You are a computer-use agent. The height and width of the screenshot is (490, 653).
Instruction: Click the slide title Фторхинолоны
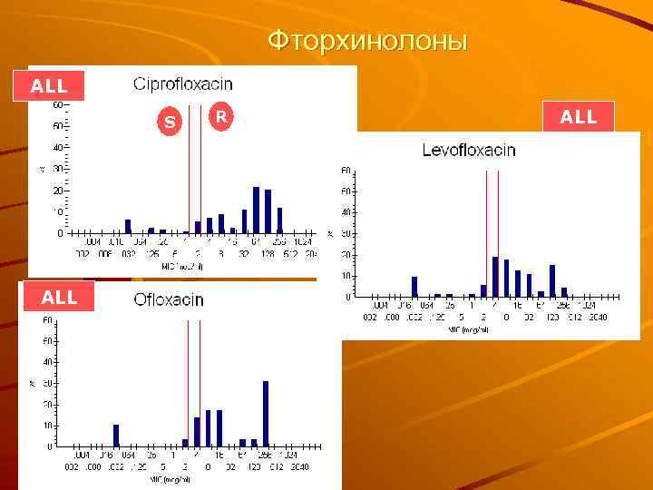[367, 41]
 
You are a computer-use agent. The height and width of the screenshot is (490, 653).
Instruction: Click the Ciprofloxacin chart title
[183, 84]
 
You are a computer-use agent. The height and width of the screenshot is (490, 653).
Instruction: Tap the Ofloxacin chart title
[169, 299]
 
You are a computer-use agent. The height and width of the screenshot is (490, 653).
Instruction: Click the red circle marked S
[169, 122]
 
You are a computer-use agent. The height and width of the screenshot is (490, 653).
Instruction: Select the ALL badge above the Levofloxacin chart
[579, 117]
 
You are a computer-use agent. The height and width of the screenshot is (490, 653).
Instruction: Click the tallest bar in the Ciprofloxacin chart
[257, 210]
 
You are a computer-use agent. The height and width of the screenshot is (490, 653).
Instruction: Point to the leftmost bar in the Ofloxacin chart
[116, 435]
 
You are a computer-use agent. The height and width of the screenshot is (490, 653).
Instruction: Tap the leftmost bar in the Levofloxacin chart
[414, 286]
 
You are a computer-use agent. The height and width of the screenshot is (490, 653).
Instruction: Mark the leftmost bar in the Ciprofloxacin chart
[128, 226]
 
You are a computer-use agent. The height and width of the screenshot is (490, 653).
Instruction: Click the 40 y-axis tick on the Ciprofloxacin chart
[57, 147]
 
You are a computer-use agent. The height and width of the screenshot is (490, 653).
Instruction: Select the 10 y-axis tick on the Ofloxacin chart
[47, 426]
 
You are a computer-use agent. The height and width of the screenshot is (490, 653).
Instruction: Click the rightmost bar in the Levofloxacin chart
[563, 291]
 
